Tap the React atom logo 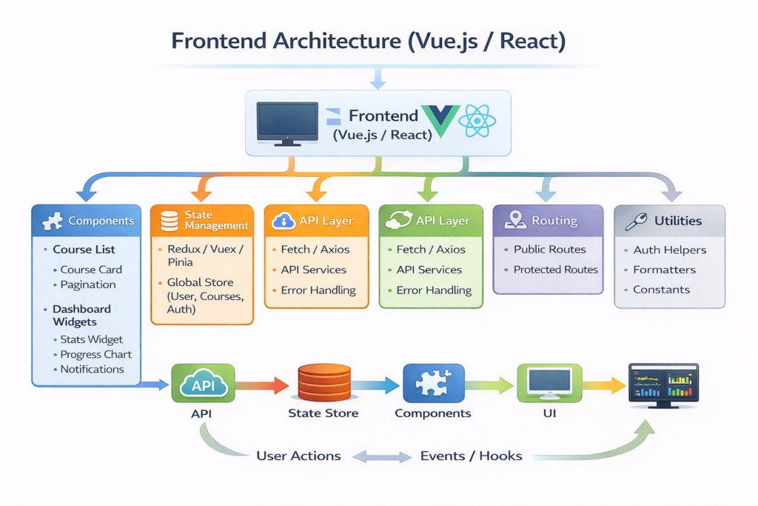coord(477,121)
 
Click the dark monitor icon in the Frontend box coord(287,124)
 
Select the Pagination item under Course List coord(88,285)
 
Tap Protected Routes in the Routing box coord(555,270)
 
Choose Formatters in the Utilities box coord(664,270)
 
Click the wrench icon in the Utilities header coord(636,222)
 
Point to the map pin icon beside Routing coord(515,219)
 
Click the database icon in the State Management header coord(170,221)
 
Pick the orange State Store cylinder coord(324,382)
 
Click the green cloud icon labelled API coord(203,384)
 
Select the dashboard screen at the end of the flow coord(663,385)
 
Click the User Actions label coord(298,456)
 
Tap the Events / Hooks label coord(471,456)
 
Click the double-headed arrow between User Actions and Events coord(381,456)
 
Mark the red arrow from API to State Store coord(261,385)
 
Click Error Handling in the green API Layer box coord(434,290)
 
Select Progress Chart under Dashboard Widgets coord(95,355)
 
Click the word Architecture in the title coord(337,41)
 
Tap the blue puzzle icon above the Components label coord(434,382)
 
